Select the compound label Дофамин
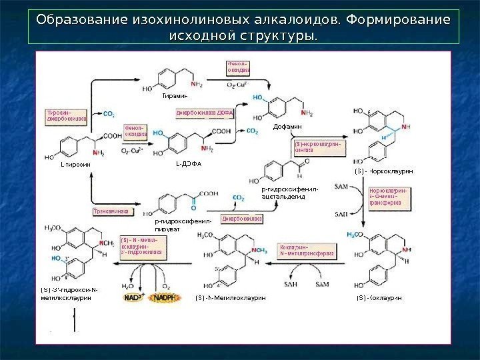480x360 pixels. [288, 126]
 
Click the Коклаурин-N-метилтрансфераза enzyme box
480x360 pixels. [307, 250]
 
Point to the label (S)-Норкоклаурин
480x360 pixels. [383, 172]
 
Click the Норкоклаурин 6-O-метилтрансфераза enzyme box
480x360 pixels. [388, 197]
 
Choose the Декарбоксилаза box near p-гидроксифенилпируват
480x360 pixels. [241, 219]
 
